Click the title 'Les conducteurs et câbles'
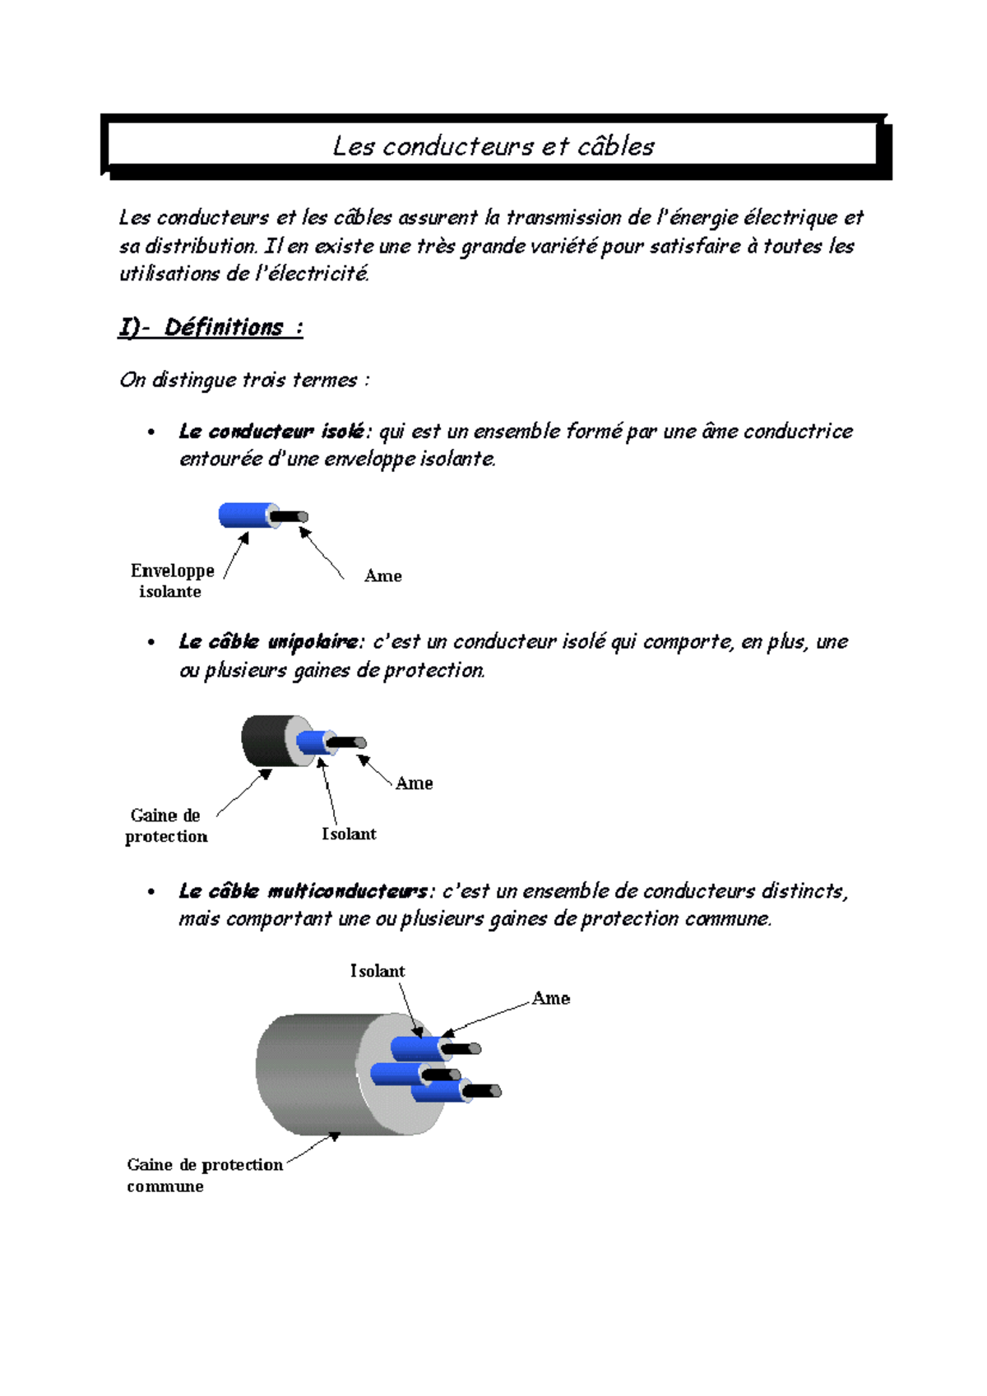click(493, 146)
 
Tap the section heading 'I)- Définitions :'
click(211, 327)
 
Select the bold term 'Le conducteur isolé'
click(271, 432)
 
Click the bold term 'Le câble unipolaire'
click(268, 642)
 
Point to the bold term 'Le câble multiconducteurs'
click(303, 891)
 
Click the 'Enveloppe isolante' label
click(172, 580)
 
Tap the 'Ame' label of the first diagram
click(382, 576)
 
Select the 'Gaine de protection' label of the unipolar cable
click(165, 825)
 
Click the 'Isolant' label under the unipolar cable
click(349, 834)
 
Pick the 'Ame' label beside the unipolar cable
click(414, 784)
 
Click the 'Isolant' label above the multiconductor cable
click(378, 971)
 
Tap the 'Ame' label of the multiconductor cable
click(550, 998)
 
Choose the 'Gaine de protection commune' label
click(204, 1175)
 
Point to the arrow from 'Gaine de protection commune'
click(313, 1148)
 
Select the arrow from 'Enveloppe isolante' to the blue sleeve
click(235, 557)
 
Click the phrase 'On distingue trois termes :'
click(244, 380)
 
